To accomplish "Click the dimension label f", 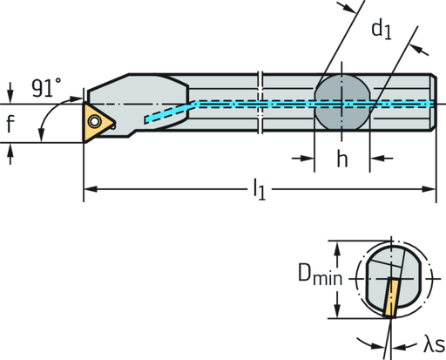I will pyautogui.click(x=10, y=126).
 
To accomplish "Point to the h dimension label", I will pyautogui.click(x=342, y=159).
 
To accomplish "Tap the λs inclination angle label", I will pyautogui.click(x=429, y=347).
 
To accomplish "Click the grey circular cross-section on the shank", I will pyautogui.click(x=342, y=104).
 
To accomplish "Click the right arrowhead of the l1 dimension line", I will pyautogui.click(x=430, y=189).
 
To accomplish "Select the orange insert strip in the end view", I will pyautogui.click(x=389, y=298).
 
